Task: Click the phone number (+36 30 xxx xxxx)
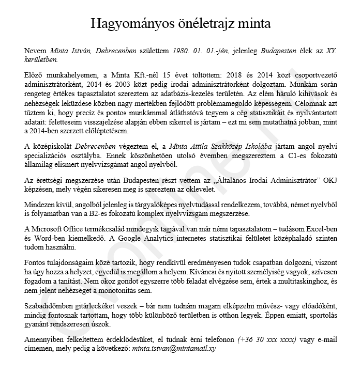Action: coord(267,340)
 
